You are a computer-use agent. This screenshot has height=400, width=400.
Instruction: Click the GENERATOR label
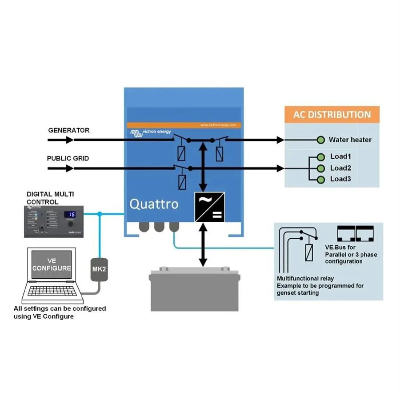(x=68, y=131)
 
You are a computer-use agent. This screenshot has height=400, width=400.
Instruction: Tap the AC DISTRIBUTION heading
(x=332, y=115)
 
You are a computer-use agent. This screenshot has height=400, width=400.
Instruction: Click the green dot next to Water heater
(x=320, y=140)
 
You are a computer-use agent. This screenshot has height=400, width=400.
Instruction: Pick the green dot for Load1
(x=320, y=157)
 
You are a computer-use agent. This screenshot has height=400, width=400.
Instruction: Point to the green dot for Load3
(x=320, y=179)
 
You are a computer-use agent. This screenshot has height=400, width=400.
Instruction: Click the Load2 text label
(x=340, y=168)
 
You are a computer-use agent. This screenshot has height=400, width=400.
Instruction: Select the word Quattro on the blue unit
(x=154, y=204)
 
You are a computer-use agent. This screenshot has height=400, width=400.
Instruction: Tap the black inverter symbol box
(x=209, y=207)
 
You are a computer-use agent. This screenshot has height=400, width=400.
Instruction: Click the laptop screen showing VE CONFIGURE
(x=52, y=265)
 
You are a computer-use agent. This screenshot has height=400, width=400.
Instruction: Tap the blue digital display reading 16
(x=70, y=215)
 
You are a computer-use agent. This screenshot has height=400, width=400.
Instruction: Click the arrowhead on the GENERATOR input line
(x=69, y=140)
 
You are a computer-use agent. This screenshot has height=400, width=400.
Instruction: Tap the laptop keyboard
(x=52, y=291)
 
